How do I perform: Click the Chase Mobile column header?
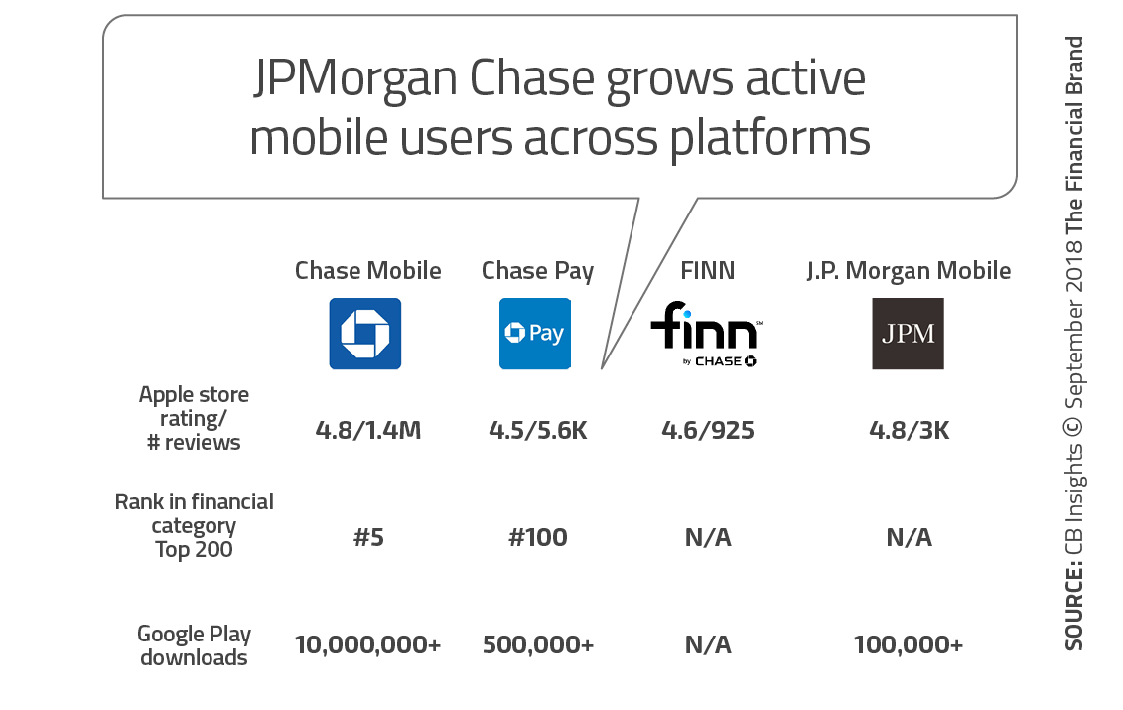(x=367, y=270)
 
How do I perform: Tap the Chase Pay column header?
(x=537, y=270)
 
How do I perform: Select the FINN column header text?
(x=707, y=270)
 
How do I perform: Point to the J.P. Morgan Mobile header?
(x=908, y=270)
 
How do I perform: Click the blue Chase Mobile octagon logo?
(x=365, y=334)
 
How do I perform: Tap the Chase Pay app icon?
(x=535, y=334)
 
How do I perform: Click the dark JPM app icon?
(x=908, y=334)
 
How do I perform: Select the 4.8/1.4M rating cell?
(x=367, y=431)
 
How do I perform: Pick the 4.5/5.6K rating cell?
(x=537, y=431)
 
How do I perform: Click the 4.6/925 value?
(x=707, y=431)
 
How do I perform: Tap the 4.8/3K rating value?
(x=908, y=431)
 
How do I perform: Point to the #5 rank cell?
(x=367, y=538)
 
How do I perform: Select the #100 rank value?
(x=537, y=538)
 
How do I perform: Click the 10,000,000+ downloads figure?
(x=367, y=644)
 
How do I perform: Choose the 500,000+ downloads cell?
(x=537, y=644)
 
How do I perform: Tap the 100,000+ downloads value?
(x=908, y=644)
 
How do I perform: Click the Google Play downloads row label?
(x=194, y=644)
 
